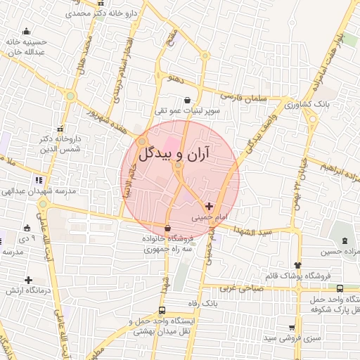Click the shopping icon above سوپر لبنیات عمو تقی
(187, 101)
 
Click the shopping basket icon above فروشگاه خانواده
(167, 228)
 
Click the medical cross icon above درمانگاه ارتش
(27, 280)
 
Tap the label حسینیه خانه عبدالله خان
(26, 46)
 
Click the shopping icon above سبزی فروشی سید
(292, 328)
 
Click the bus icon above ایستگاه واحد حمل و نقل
(162, 310)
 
